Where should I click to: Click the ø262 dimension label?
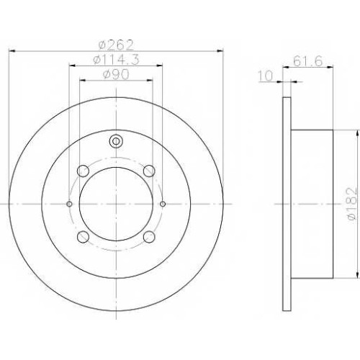pos(116,45)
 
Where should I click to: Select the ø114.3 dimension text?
pos(116,60)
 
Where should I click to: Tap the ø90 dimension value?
pos(116,74)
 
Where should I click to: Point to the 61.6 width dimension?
pos(307,62)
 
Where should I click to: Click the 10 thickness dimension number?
pos(266,76)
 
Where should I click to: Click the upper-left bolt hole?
pos(84,171)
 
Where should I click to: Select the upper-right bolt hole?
pos(149,171)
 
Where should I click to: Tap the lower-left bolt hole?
pos(84,237)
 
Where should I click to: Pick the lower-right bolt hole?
pos(149,237)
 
